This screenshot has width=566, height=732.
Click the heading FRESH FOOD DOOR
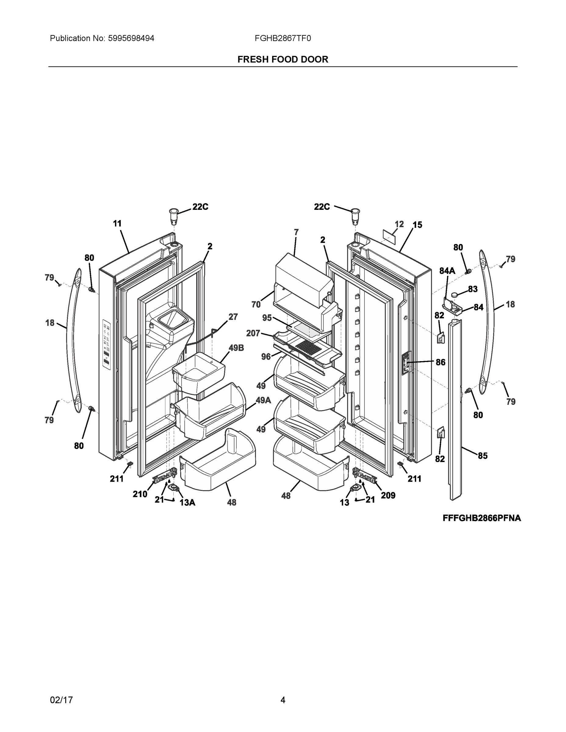click(x=283, y=59)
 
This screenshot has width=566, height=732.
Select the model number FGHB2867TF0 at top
click(x=283, y=38)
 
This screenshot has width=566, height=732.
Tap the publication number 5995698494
click(x=131, y=38)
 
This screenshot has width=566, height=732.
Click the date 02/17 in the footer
click(x=61, y=700)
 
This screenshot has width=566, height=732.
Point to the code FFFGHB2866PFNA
click(x=481, y=518)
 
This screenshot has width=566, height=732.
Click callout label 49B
click(x=236, y=348)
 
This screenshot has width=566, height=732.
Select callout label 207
click(x=253, y=333)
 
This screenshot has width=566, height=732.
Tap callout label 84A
click(x=447, y=271)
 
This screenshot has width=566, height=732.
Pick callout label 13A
click(x=187, y=502)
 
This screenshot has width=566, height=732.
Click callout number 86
click(x=440, y=362)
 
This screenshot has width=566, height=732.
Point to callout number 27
click(x=233, y=317)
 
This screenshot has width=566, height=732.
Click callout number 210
click(x=140, y=494)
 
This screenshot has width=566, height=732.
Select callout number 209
click(x=388, y=495)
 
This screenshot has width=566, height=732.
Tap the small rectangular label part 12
click(x=389, y=237)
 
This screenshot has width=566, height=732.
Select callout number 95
click(x=267, y=318)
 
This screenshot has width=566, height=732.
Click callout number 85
click(x=482, y=455)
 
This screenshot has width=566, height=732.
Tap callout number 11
click(x=117, y=224)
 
